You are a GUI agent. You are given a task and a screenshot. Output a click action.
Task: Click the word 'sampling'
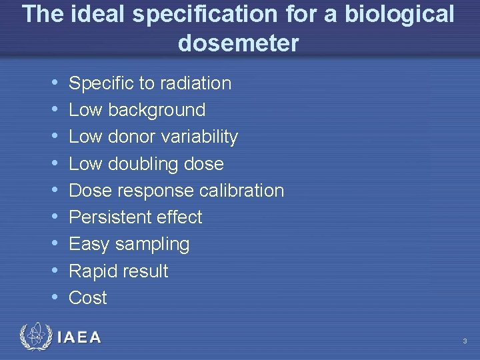(153, 245)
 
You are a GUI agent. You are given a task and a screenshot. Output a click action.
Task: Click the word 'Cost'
(88, 298)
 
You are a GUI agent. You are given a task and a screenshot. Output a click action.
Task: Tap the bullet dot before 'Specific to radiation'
(53, 83)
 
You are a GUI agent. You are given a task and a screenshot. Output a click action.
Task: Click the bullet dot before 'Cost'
(53, 298)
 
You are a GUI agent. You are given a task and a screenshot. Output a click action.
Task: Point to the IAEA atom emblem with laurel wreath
(35, 337)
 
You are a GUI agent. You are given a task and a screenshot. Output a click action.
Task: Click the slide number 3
(465, 341)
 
